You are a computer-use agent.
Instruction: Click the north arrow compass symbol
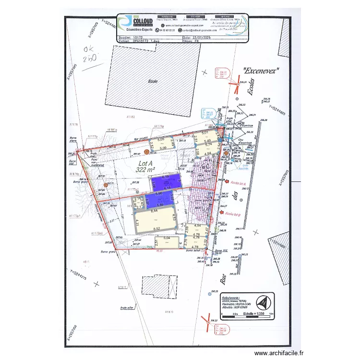pos(262,303)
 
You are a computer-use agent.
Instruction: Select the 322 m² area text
pos(145,170)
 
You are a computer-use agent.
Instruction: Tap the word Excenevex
pos(261,71)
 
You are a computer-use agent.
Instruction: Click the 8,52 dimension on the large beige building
pos(156,229)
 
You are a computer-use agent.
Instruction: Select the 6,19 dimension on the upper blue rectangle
pos(167,177)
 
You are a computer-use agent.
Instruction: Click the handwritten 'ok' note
pos(89,49)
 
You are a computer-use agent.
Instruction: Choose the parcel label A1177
pos(121,287)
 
